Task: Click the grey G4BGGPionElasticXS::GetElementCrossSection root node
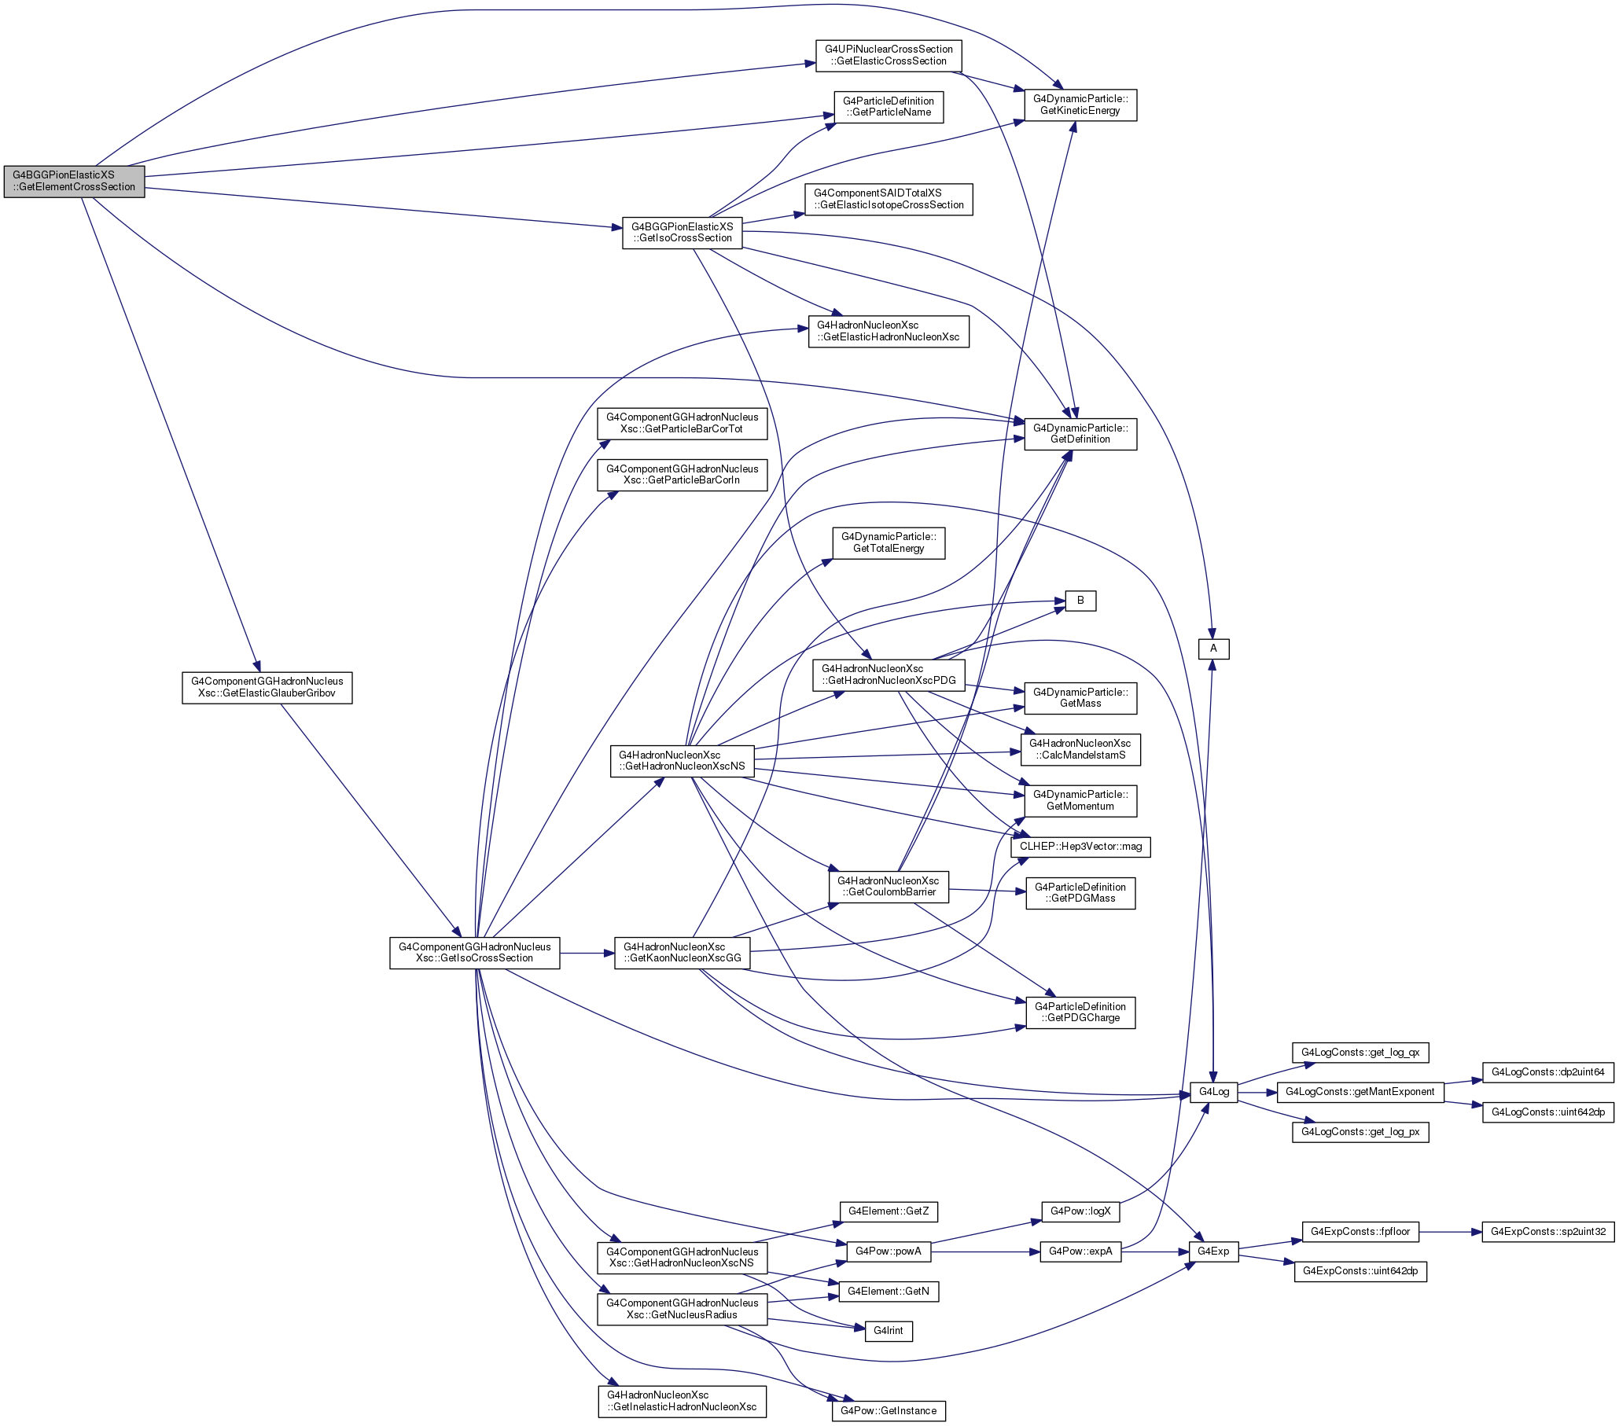[75, 182]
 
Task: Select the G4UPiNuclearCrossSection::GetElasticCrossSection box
[889, 56]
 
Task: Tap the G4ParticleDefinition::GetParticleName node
[889, 107]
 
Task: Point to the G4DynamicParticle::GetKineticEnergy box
[1080, 105]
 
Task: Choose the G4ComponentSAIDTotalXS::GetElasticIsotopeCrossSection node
[889, 199]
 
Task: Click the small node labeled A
[1213, 649]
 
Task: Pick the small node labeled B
[1080, 601]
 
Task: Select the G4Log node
[1214, 1093]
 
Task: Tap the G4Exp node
[1213, 1251]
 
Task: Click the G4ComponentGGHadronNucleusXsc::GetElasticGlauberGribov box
[267, 687]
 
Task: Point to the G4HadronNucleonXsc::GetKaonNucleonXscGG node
[682, 953]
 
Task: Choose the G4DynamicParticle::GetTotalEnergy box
[889, 543]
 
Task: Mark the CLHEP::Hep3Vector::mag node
[1081, 847]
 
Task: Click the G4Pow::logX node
[1080, 1211]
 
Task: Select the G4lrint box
[889, 1331]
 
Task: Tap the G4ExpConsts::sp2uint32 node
[1547, 1232]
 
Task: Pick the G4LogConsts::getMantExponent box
[1360, 1093]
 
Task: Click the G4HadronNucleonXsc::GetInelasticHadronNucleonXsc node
[682, 1401]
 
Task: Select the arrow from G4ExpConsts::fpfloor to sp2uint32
[1450, 1232]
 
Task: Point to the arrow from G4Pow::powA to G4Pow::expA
[985, 1251]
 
